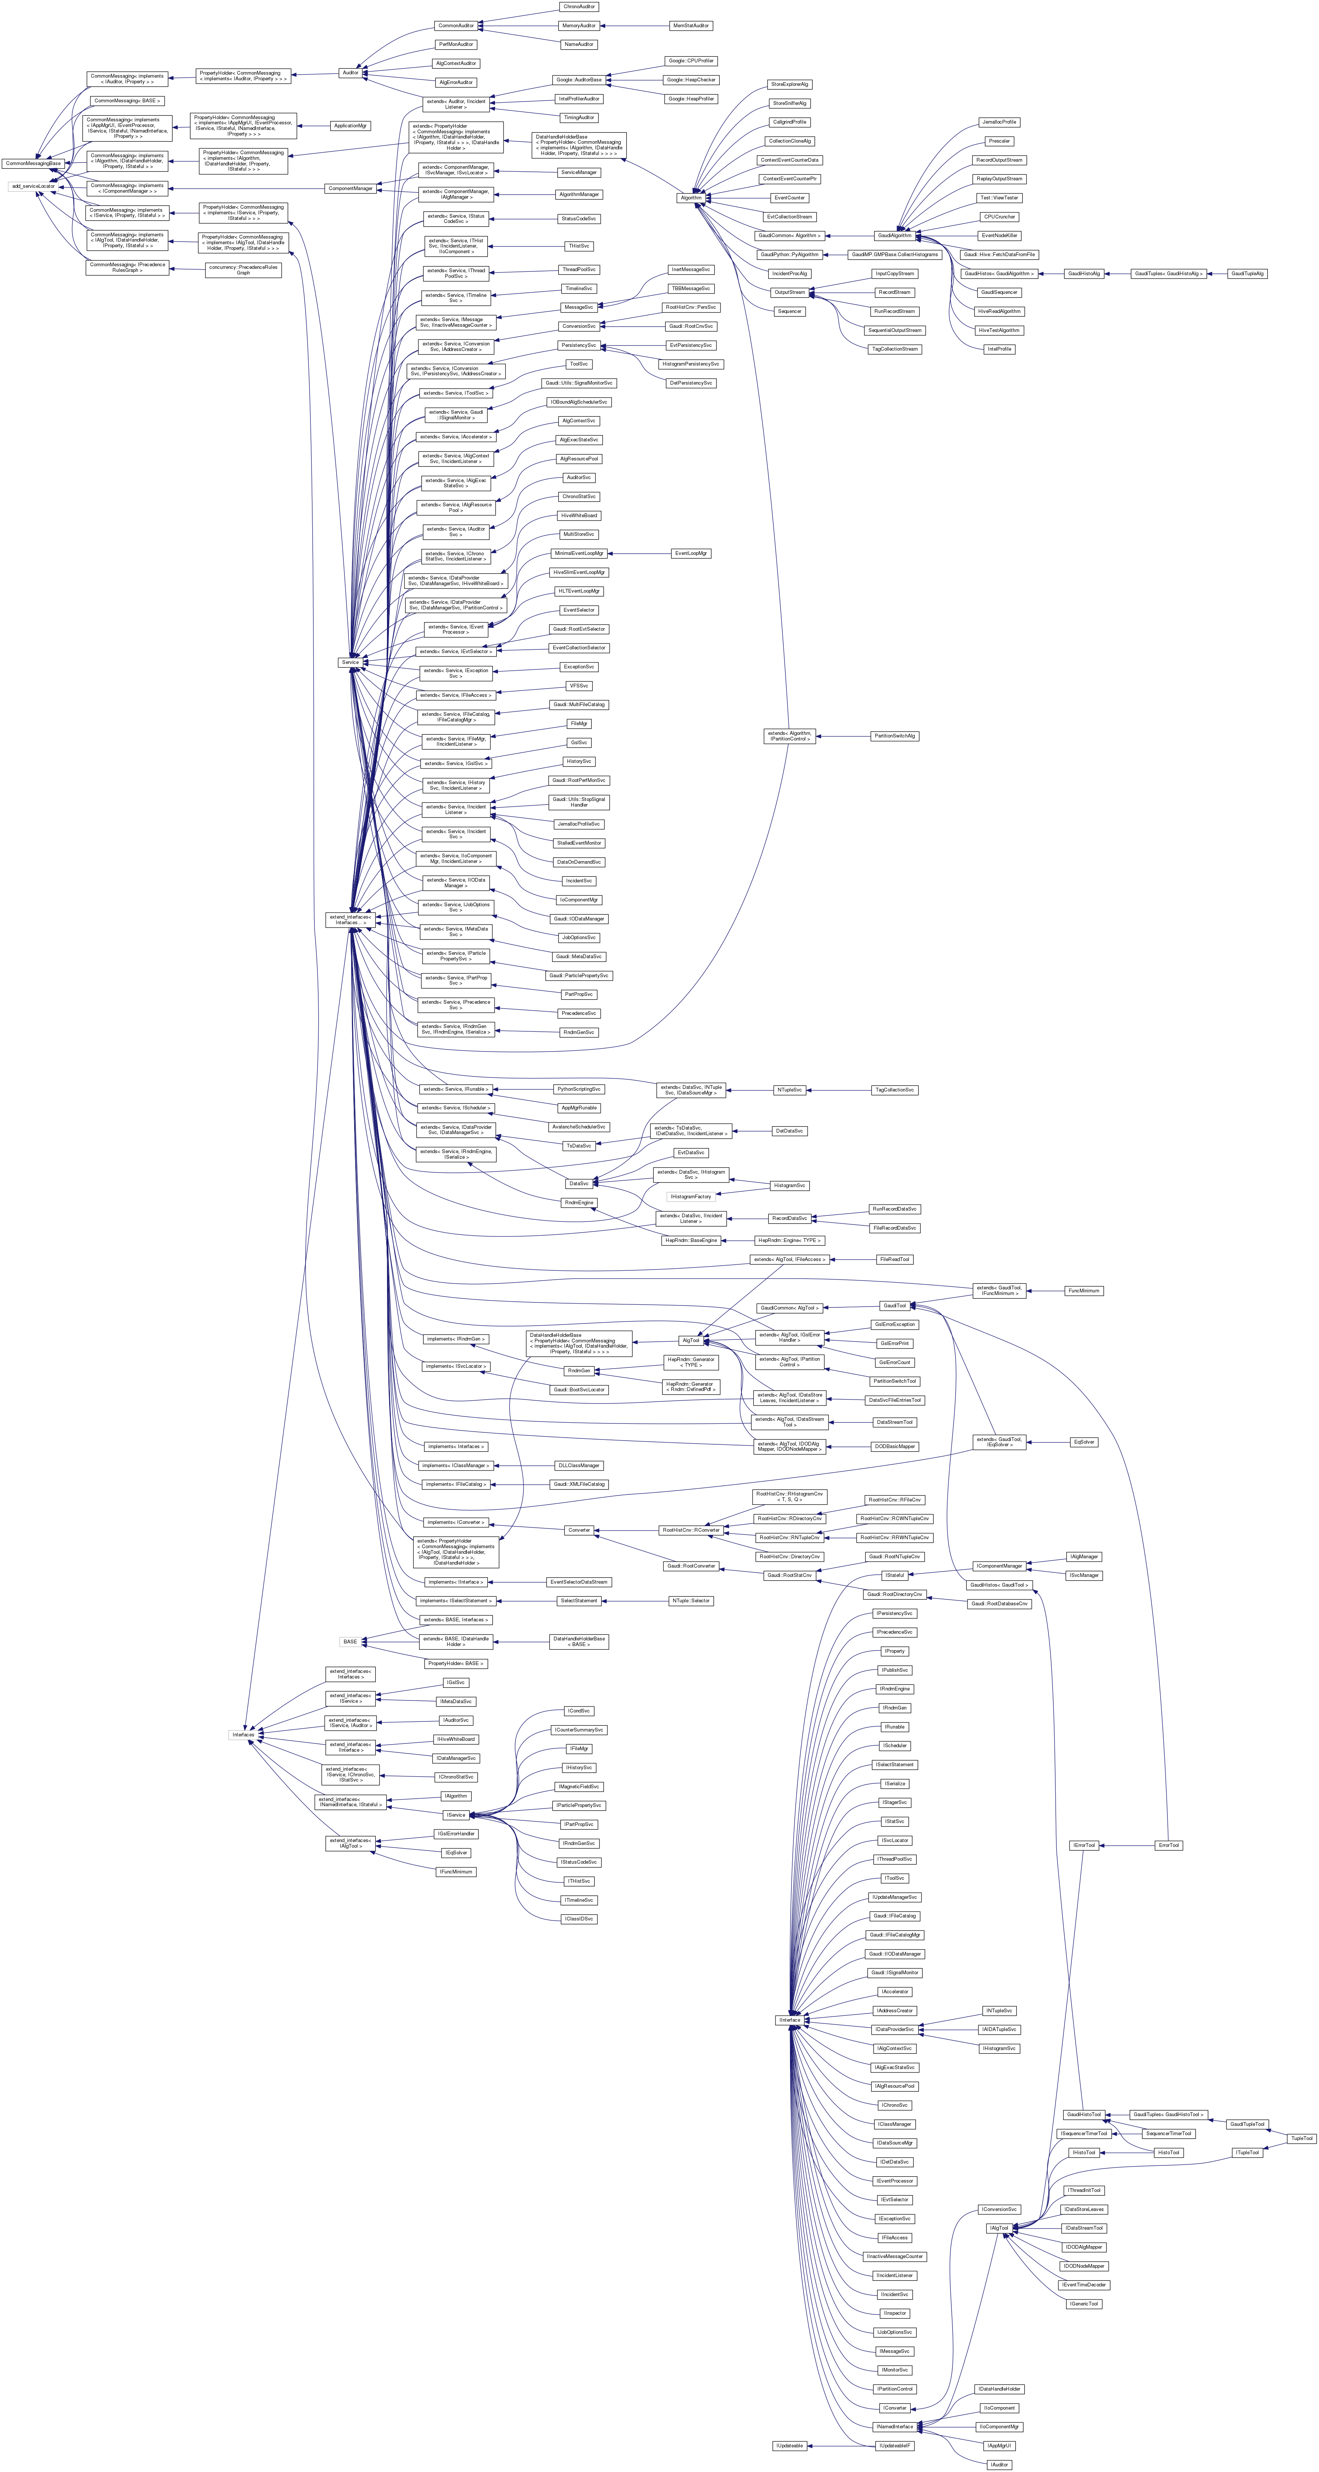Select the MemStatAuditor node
[x=690, y=25]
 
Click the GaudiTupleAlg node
[x=1247, y=273]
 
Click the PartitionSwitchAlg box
[x=894, y=736]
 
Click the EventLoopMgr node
[x=691, y=554]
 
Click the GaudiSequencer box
[x=998, y=293]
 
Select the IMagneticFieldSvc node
[x=579, y=1787]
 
